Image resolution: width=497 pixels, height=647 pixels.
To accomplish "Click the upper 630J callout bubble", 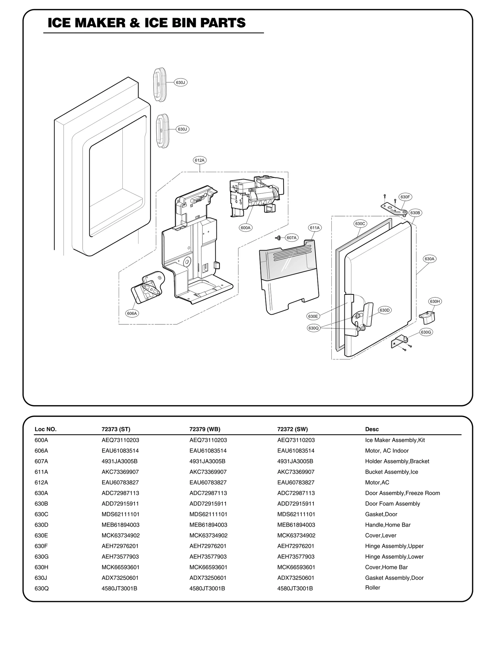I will pyautogui.click(x=180, y=83).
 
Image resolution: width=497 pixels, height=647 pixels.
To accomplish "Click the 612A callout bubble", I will pyautogui.click(x=199, y=161).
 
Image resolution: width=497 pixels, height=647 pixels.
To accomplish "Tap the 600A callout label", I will pyautogui.click(x=245, y=228).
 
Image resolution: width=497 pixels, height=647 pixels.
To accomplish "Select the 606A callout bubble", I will pyautogui.click(x=132, y=313).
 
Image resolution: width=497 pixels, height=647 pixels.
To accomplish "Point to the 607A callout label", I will pyautogui.click(x=291, y=238).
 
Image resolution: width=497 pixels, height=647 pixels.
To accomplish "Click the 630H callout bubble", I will pyautogui.click(x=435, y=301).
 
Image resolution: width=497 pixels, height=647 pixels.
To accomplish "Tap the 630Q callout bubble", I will pyautogui.click(x=313, y=328).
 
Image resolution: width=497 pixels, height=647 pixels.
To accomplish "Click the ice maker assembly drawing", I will pyautogui.click(x=255, y=194).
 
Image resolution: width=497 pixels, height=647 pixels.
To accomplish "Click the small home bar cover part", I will pyautogui.click(x=427, y=317).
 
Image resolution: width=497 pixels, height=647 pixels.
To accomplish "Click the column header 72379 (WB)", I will pyautogui.click(x=205, y=429).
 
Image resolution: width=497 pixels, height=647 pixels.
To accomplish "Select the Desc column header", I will pyautogui.click(x=372, y=429).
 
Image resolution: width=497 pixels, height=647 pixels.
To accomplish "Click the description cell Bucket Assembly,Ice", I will pyautogui.click(x=391, y=472).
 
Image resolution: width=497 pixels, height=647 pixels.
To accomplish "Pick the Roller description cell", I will pyautogui.click(x=372, y=588).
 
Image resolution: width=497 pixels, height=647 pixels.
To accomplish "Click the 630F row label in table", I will pyautogui.click(x=41, y=546).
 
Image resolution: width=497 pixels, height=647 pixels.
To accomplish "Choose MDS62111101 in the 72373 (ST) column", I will pyautogui.click(x=120, y=514).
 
